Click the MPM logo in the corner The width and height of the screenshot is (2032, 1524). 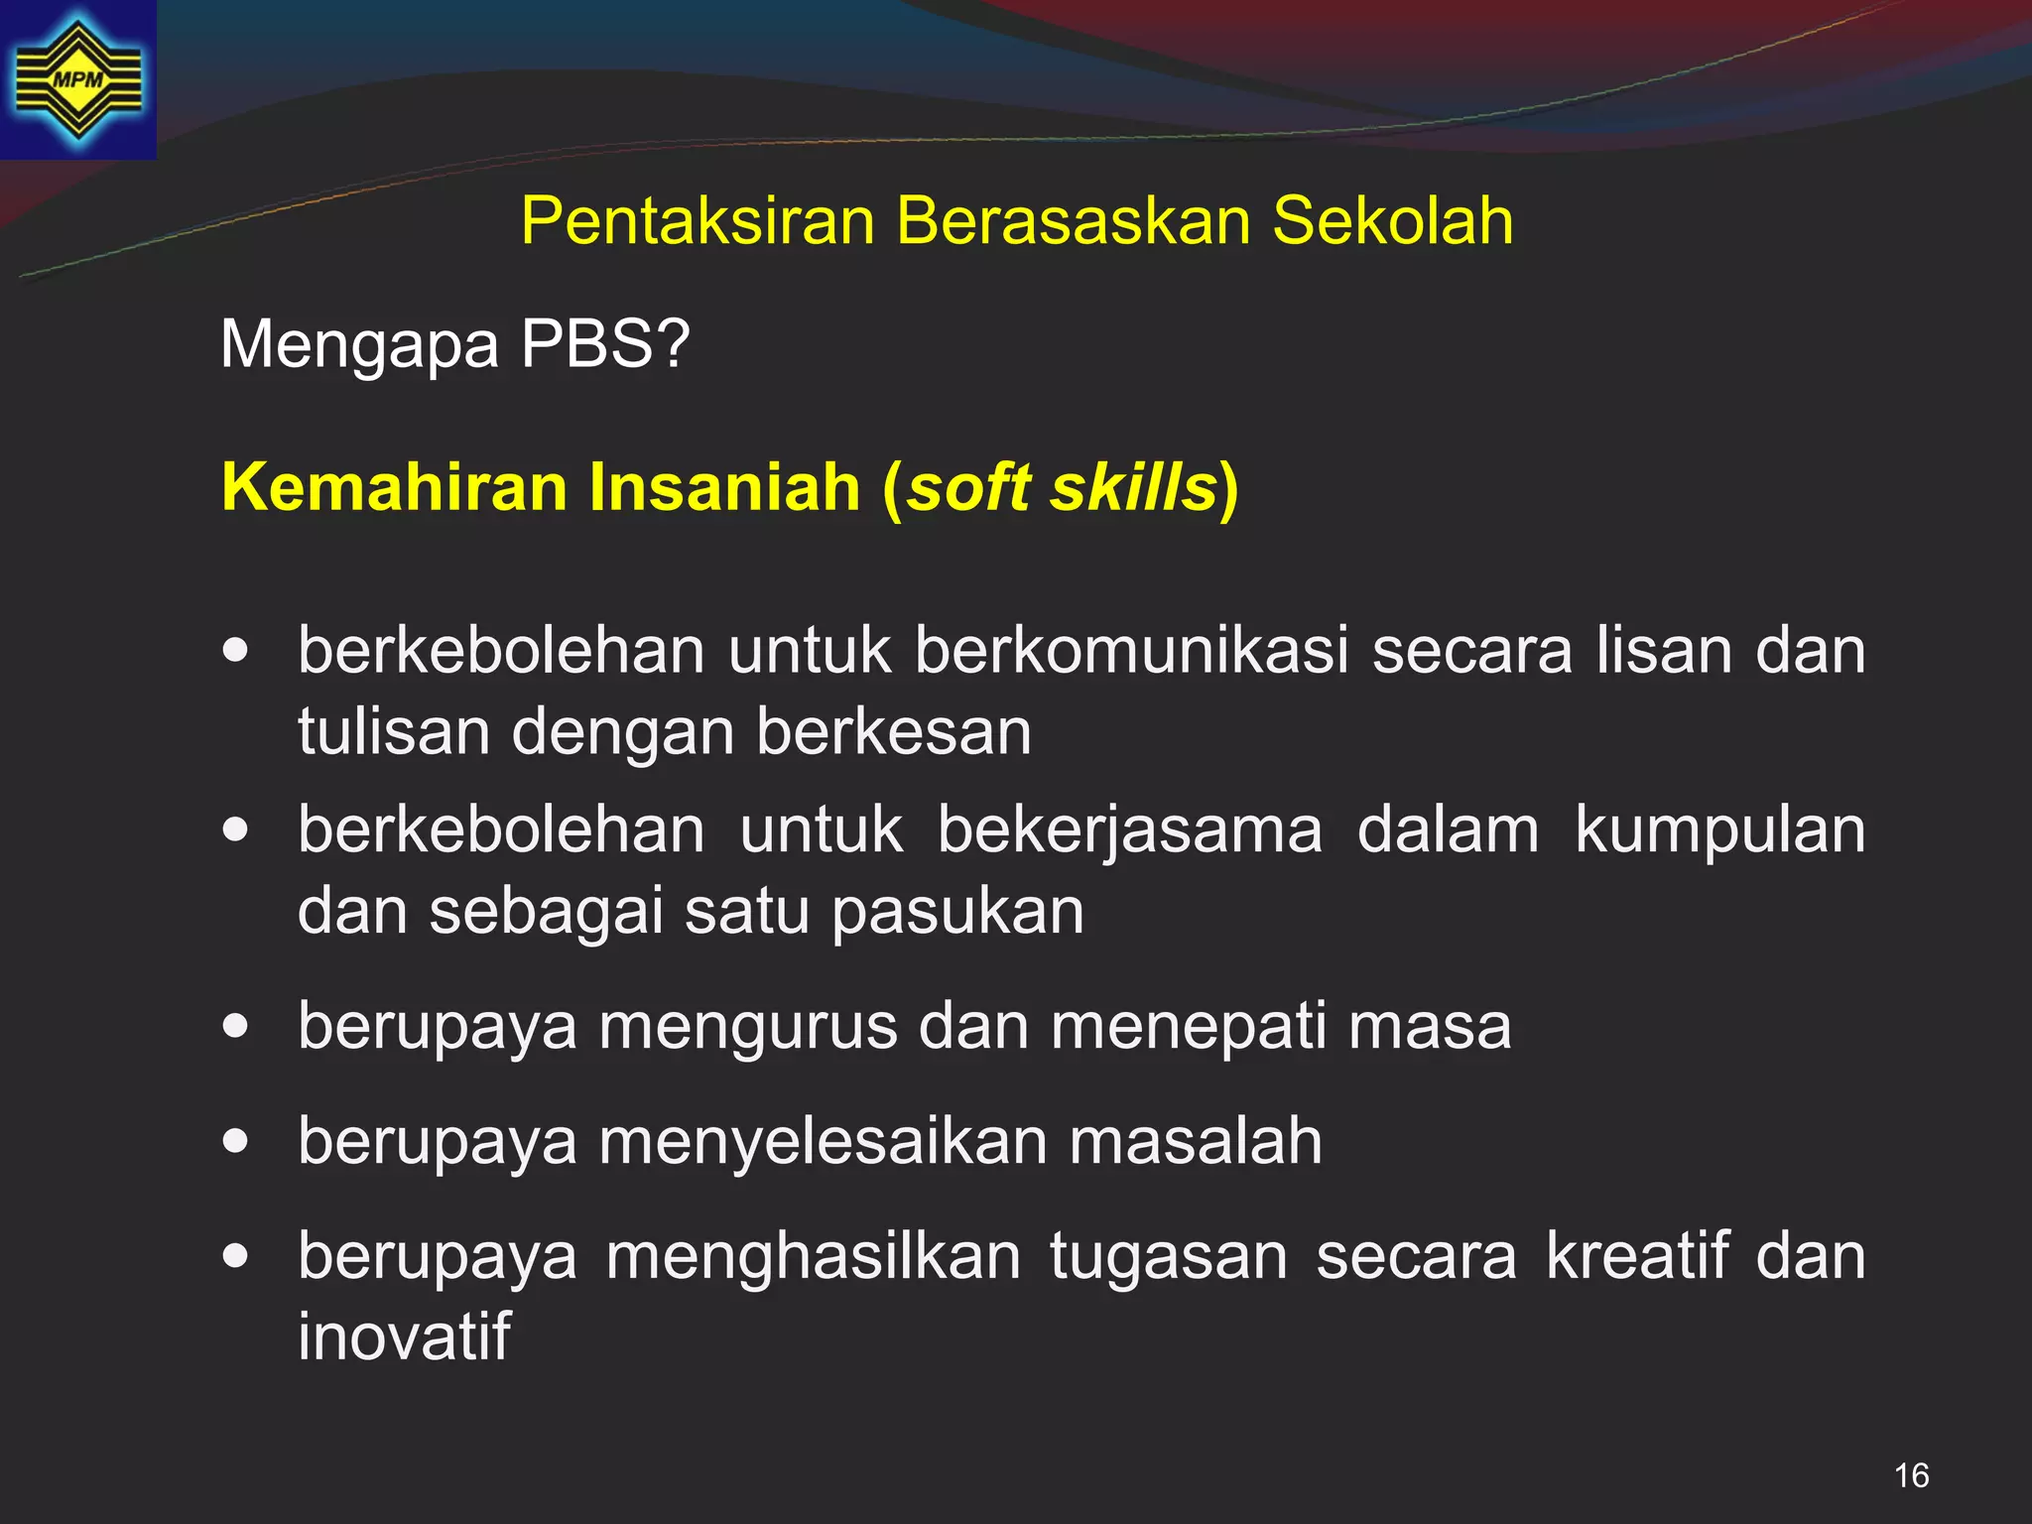pyautogui.click(x=77, y=79)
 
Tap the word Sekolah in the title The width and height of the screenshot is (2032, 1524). pyautogui.click(x=1393, y=220)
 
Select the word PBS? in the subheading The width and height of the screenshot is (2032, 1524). pyautogui.click(x=604, y=344)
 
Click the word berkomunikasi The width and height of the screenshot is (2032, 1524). pyautogui.click(x=1132, y=651)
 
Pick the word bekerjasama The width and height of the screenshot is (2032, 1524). pyautogui.click(x=1129, y=831)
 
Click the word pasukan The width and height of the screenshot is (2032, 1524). pyautogui.click(x=957, y=912)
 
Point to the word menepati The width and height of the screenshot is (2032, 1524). pyautogui.click(x=1189, y=1026)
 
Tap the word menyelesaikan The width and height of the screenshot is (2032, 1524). pyautogui.click(x=823, y=1141)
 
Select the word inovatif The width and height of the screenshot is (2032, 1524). pyautogui.click(x=404, y=1336)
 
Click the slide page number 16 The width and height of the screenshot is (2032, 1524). pyautogui.click(x=1911, y=1475)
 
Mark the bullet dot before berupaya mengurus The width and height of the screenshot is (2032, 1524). pyautogui.click(x=236, y=1026)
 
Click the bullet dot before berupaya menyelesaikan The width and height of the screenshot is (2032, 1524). pyautogui.click(x=236, y=1141)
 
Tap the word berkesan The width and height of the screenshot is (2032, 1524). pyautogui.click(x=894, y=732)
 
